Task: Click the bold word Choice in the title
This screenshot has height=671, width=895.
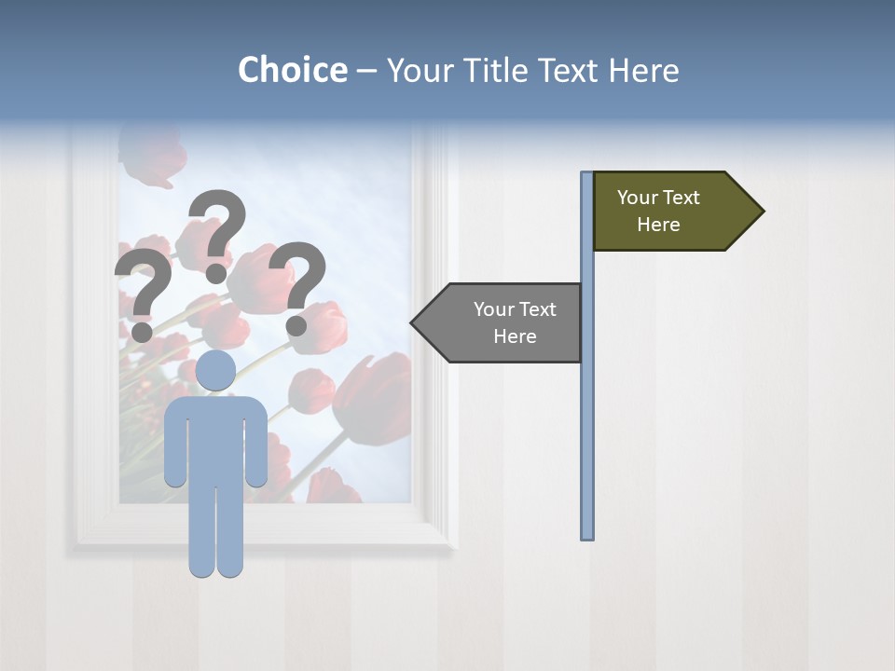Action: coord(292,70)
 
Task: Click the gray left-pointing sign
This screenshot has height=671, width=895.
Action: coord(503,322)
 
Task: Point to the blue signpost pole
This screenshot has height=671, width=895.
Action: coord(586,419)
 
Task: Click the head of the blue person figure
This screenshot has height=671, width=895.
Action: coord(215,370)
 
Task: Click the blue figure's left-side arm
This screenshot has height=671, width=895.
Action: coord(175,443)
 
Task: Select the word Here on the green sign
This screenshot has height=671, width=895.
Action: coord(658,225)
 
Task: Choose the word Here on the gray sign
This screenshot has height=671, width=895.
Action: coord(515,336)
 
